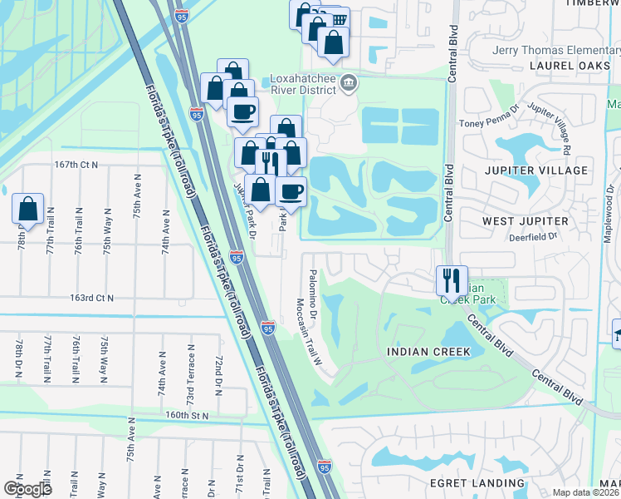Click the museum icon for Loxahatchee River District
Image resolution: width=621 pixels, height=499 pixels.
[349, 82]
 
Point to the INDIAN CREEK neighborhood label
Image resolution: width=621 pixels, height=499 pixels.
[428, 352]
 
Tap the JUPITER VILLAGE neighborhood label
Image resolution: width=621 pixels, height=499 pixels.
[535, 170]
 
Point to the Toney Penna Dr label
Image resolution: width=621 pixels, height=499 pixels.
[489, 123]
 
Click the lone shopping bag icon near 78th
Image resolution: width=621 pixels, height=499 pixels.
[27, 209]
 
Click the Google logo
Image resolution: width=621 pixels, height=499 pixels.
[27, 489]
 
